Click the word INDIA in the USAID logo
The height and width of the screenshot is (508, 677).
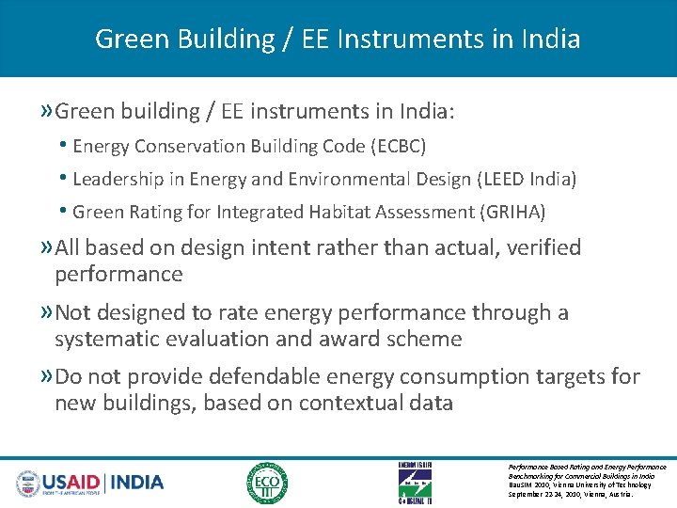pos(137,483)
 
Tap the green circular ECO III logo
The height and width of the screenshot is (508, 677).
pos(267,483)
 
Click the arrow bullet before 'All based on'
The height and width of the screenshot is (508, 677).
pos(46,248)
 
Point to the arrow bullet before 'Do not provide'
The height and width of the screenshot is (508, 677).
pos(46,377)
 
